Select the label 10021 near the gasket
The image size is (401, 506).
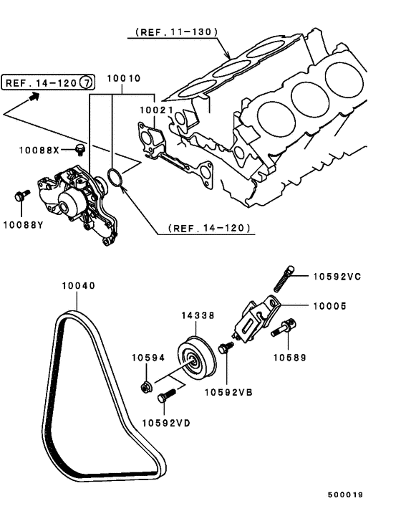pos(155,111)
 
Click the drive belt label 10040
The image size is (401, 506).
pos(78,285)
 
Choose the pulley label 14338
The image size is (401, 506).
pos(195,315)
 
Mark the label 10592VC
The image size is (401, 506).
pos(337,276)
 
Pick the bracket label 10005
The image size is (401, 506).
pos(329,305)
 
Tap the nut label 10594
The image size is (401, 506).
pos(148,356)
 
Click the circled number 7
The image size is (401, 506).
pos(85,82)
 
